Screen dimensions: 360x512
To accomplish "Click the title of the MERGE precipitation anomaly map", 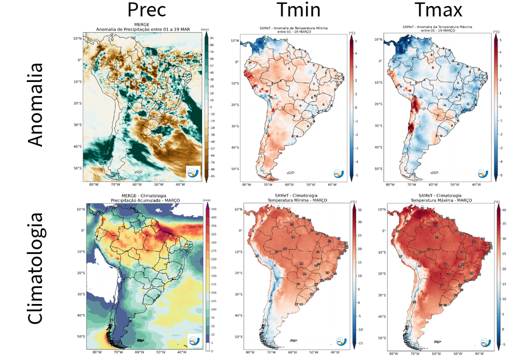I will pyautogui.click(x=142, y=27).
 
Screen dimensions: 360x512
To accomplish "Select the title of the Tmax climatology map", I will pyautogui.click(x=437, y=199).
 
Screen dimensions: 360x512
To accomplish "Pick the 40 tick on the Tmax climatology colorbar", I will pyautogui.click(x=505, y=210).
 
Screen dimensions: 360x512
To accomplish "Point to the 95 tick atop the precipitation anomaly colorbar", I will pyautogui.click(x=212, y=38).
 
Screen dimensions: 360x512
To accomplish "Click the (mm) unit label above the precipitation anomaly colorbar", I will pyautogui.click(x=205, y=30).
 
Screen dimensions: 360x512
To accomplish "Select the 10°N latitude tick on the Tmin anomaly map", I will pyautogui.click(x=234, y=40).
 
